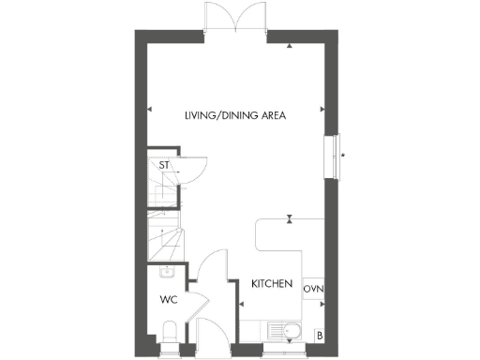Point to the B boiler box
tap(319, 336)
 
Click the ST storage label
tap(164, 166)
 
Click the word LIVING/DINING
tap(212, 115)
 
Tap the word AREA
tap(273, 115)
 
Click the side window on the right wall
tap(331, 156)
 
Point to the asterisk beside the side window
tap(343, 155)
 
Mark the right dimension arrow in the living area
tap(322, 110)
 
